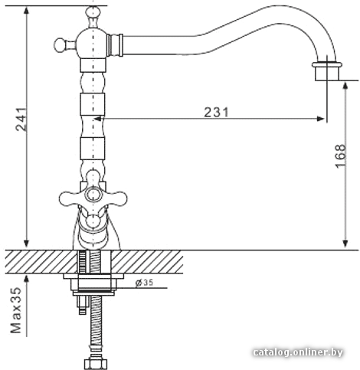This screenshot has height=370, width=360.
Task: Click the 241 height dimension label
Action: click(x=21, y=120)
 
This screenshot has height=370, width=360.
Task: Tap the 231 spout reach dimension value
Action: click(x=216, y=112)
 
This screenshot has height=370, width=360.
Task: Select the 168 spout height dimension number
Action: click(x=340, y=156)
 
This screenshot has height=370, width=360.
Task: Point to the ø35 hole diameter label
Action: click(x=144, y=283)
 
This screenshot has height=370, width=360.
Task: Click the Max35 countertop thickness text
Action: click(x=16, y=310)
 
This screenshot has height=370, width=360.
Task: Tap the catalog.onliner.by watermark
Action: click(x=298, y=352)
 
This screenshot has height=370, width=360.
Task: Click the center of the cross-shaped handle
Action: click(x=93, y=195)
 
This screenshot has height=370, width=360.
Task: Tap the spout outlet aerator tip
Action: click(x=327, y=71)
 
